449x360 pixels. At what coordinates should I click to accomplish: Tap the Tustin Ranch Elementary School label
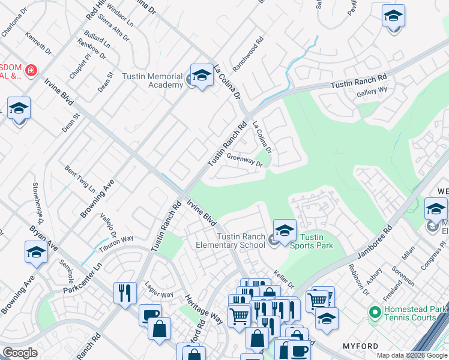pos(231,241)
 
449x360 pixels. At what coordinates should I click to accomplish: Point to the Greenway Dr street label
pos(245,160)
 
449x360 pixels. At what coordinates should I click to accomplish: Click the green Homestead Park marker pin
pos(375,312)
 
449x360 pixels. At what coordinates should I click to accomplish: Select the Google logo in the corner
pos(20,353)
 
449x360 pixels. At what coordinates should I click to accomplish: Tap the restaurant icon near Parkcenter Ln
pos(124,293)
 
